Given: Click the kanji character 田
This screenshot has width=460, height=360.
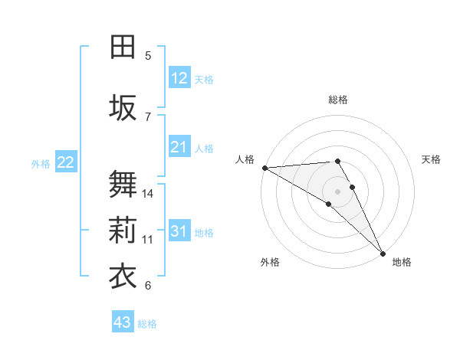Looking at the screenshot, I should (x=123, y=47).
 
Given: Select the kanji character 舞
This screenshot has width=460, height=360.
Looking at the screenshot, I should (x=123, y=185).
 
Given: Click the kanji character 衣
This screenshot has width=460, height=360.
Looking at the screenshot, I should (x=123, y=276).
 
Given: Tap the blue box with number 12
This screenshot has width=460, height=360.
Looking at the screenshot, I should (x=179, y=77).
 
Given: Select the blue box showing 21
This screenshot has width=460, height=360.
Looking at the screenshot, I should (x=179, y=147).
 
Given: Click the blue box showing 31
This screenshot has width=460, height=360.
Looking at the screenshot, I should (x=179, y=231).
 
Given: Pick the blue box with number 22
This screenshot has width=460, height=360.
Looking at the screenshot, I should (x=66, y=162).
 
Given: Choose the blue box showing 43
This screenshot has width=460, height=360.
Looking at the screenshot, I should (x=123, y=322).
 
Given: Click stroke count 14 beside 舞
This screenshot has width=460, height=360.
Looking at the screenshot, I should (x=149, y=193).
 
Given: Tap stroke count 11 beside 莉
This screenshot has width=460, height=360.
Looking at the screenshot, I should (x=149, y=239).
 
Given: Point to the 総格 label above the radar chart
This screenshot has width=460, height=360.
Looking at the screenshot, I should (x=338, y=100).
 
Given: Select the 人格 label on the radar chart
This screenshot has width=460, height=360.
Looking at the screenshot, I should (x=245, y=159).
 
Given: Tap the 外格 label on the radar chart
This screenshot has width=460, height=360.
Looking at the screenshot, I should (x=270, y=262).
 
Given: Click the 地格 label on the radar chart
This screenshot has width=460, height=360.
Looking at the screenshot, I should (x=402, y=262).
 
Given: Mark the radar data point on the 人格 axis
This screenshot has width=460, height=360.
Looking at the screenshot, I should (x=264, y=168).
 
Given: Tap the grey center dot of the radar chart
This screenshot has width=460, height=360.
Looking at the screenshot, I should (x=338, y=191).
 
